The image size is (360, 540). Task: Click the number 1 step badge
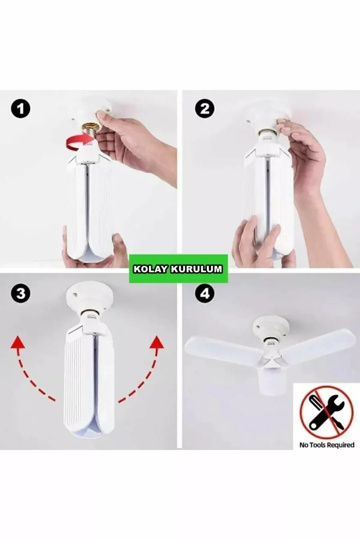coord(20,109)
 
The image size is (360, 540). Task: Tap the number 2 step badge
coord(204,109)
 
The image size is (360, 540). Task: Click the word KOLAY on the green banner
coord(150,269)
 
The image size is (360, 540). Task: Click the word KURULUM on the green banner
coord(196,269)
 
